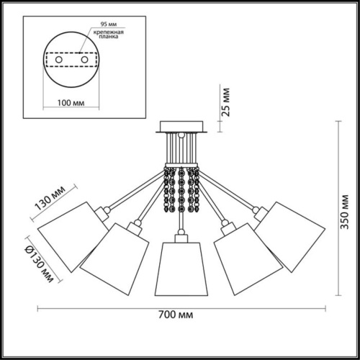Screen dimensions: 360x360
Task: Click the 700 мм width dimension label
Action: coord(176,315)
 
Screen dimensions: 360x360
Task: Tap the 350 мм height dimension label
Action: coord(345,212)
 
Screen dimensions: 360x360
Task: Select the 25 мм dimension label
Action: coord(225,102)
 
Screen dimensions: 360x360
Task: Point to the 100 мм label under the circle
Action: coord(71,103)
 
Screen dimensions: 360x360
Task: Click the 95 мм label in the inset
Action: coord(109,24)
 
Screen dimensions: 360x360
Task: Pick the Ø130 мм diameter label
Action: coord(39,264)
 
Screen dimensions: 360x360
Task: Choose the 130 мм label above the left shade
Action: coord(50,198)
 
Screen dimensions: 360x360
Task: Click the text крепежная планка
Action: coord(109,35)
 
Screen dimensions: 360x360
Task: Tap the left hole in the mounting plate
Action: coord(59,60)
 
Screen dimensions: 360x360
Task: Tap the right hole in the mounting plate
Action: coord(84,60)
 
